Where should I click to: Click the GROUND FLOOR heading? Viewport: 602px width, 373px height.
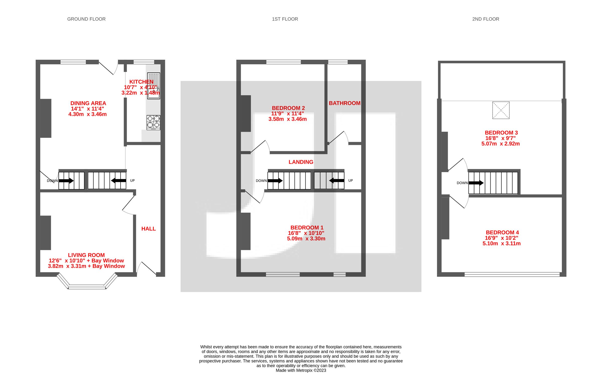tap(86, 19)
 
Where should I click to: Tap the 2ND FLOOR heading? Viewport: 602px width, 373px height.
tap(486, 19)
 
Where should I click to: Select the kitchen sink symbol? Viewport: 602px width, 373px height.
tap(154, 86)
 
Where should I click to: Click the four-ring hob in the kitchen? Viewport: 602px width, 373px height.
tap(154, 122)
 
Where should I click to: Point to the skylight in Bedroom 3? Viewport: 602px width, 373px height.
tap(501, 110)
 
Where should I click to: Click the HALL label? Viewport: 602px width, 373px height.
tap(148, 229)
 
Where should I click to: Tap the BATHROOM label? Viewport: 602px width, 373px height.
tap(344, 103)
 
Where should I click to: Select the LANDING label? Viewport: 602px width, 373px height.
tap(301, 162)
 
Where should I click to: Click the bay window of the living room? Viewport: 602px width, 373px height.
tap(87, 287)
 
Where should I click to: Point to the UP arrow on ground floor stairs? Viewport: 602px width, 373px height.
tap(119, 180)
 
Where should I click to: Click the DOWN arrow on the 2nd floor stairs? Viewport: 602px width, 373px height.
tap(476, 183)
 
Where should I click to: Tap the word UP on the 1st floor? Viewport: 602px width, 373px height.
tap(350, 180)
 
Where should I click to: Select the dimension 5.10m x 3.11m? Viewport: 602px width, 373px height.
tap(501, 243)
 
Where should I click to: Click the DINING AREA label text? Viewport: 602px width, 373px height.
tap(88, 103)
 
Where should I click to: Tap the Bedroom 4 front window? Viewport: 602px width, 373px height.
tap(512, 274)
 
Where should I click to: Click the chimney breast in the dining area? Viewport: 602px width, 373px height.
tap(46, 118)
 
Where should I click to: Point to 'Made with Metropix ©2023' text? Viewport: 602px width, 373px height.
tap(301, 370)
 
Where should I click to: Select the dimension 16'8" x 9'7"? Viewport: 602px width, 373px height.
tap(500, 138)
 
